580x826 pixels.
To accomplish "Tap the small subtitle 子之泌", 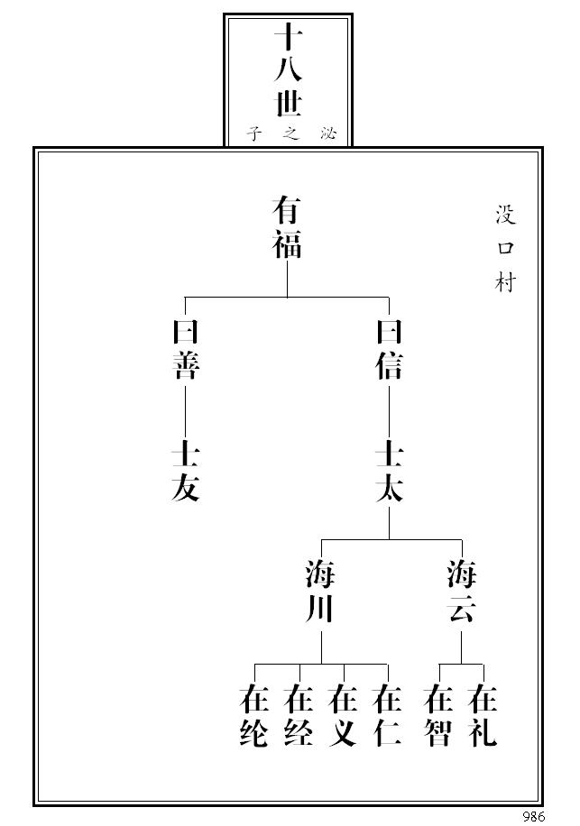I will coord(289,133).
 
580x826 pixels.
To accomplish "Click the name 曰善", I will coord(186,350).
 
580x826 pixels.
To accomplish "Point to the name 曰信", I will coord(389,350).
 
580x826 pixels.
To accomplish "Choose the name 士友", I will coord(186,471).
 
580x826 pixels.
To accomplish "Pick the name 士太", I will coord(389,471).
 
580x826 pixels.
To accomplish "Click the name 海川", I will coord(321,592).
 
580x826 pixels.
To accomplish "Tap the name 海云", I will coord(462,592).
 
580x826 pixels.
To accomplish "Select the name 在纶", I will coord(254,716).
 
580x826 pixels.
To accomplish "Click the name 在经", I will coord(299,716).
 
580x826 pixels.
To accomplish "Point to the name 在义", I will coord(343,716).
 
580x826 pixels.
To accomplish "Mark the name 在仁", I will coord(388,716).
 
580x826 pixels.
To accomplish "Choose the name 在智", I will coord(439,716).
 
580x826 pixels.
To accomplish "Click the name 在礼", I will coord(484,716).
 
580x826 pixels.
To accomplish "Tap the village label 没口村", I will coord(505,249).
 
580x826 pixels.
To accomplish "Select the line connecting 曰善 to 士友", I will coord(186,410).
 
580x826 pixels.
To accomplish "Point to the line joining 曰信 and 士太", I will coord(389,410).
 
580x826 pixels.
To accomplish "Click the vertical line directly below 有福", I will coord(288,279).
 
